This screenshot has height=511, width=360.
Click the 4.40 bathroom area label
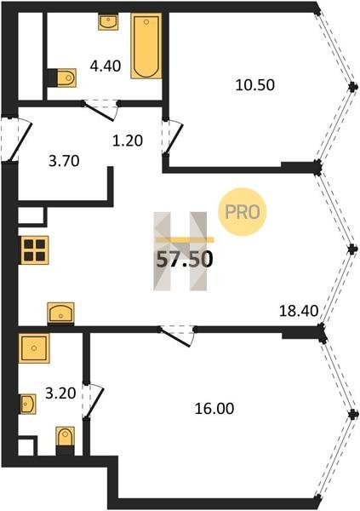pos(106,66)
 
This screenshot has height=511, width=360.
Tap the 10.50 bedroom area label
pos(255,85)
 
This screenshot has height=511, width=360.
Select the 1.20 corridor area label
pos(128,141)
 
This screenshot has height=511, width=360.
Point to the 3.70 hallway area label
pos(64,161)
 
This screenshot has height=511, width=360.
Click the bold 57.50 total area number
pos(185,260)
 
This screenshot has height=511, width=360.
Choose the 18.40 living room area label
pos(299,311)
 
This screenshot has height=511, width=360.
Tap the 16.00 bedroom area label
pos(214,408)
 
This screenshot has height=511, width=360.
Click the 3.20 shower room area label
pos(60,393)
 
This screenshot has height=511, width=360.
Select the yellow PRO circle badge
pos(243,212)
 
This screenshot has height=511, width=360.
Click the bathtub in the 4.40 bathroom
pos(146,46)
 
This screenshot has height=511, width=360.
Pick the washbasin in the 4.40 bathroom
pos(108,22)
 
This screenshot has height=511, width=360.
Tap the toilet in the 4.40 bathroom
pos(62,78)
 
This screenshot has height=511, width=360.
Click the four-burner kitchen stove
pos(34,250)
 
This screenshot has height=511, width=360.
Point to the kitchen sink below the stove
pos(61,313)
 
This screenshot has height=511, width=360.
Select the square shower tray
pos(34,348)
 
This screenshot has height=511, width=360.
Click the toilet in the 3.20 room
pos(66,440)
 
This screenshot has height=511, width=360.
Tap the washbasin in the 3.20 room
pos(27,404)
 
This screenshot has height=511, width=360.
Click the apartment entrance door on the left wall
pos(15,139)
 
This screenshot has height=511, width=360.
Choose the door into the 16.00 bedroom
pos(176,336)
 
